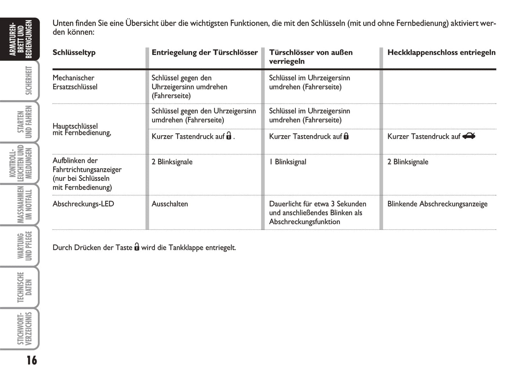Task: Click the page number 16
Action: (32, 360)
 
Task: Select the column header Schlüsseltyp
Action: (74, 53)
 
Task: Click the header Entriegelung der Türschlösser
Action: (205, 53)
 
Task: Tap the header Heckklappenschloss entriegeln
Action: (441, 53)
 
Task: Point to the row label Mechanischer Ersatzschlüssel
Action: (75, 82)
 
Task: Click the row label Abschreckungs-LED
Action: (83, 204)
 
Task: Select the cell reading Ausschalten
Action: (169, 204)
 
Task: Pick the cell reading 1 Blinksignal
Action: (287, 162)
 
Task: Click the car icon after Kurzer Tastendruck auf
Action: (469, 136)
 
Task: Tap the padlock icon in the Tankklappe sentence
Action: (137, 247)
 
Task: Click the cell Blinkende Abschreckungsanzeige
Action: (437, 204)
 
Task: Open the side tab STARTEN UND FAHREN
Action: (24, 122)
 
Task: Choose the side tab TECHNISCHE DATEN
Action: (24, 287)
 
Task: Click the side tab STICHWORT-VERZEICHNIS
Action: (24, 328)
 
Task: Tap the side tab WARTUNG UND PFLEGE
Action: (24, 246)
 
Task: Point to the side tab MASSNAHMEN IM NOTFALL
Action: (24, 204)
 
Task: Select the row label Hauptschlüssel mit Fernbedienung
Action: (82, 129)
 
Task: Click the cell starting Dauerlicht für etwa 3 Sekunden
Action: (317, 213)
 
